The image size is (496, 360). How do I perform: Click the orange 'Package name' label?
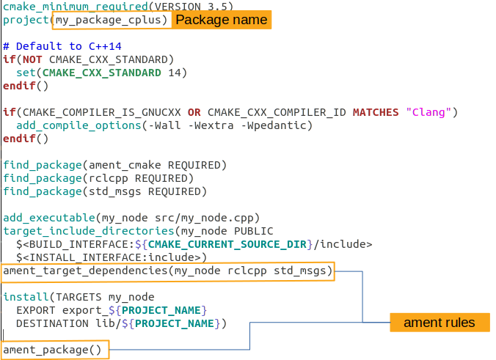point(222,20)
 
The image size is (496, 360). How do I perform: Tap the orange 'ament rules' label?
point(440,323)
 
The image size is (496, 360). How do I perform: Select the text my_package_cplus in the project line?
point(108,20)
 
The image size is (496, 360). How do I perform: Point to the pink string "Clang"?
point(428,112)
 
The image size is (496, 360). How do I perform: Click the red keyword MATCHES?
point(376,112)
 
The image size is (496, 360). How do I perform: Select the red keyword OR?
point(194,112)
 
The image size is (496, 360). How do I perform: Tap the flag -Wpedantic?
point(273,125)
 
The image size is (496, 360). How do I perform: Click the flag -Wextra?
point(211,125)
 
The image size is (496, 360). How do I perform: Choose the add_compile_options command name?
point(79,125)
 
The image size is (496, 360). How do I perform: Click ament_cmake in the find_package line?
point(125,165)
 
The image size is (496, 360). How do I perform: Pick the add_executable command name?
point(49,218)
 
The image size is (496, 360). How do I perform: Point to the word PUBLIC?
point(253,231)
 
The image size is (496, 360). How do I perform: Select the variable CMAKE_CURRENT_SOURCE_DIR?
point(227,244)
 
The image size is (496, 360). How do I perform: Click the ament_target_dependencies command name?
point(85,271)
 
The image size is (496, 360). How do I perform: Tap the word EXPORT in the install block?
point(36,310)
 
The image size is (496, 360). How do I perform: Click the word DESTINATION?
point(53,323)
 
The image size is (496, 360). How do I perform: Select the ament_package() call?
point(52,350)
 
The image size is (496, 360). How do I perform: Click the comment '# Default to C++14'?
point(62,46)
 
